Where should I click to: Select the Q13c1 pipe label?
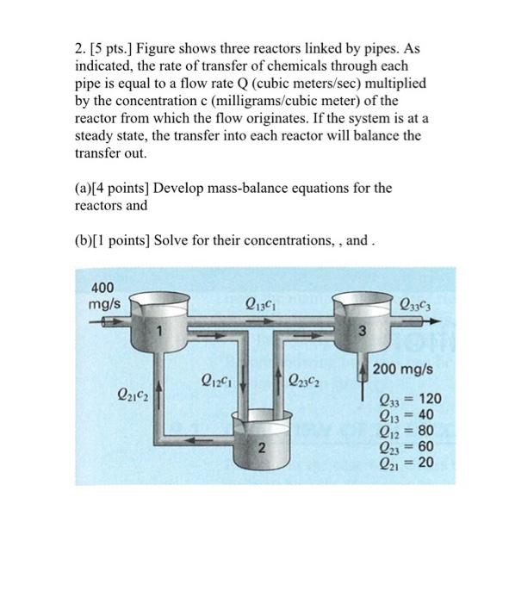(x=261, y=303)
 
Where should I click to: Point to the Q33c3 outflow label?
(x=417, y=303)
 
